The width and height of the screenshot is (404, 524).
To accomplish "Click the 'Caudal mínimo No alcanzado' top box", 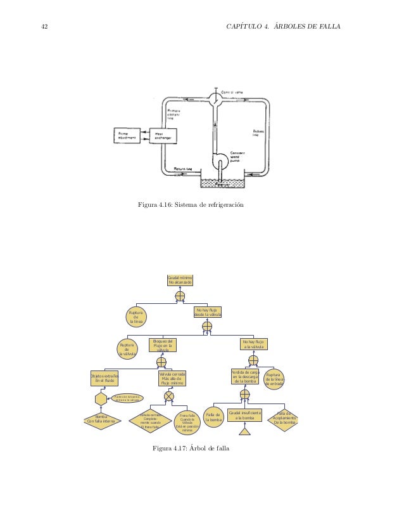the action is (x=179, y=280).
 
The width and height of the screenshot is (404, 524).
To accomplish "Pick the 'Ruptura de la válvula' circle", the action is (x=127, y=348).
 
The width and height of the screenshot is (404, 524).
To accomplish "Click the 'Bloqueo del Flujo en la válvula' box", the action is (x=161, y=346).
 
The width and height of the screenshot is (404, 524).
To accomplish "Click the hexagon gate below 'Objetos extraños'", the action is (x=101, y=400).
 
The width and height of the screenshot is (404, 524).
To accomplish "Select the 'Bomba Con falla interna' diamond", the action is (x=101, y=420).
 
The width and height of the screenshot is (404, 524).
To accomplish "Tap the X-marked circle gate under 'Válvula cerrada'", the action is (x=169, y=396).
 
